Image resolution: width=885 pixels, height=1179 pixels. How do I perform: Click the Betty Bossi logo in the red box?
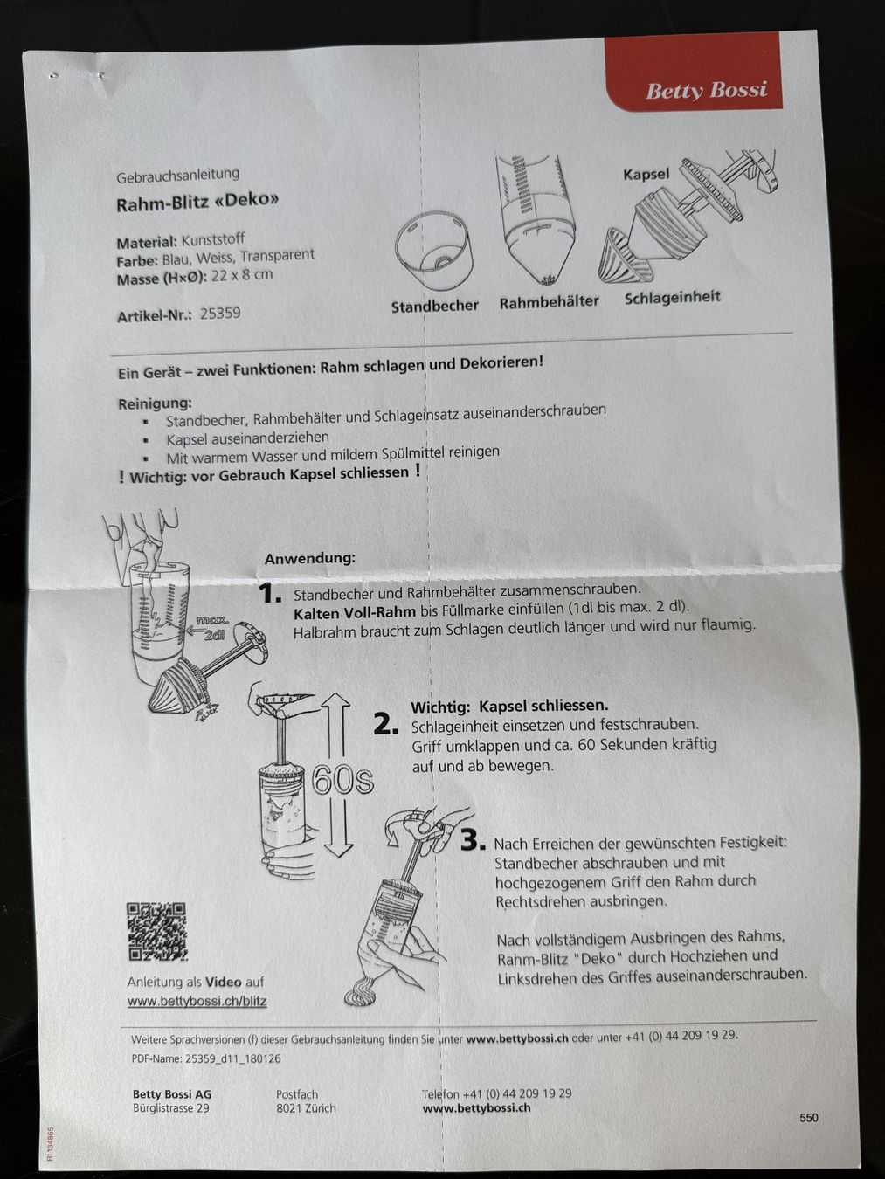(707, 90)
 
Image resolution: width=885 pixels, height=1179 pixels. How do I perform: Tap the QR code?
(157, 932)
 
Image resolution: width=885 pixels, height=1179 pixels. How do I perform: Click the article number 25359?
(220, 314)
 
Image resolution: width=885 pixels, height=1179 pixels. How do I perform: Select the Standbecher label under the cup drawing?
(435, 306)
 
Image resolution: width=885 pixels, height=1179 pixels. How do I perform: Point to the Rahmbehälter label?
(550, 302)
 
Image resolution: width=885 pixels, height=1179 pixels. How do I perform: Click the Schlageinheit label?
(672, 298)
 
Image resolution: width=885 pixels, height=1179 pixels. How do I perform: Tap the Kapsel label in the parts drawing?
(646, 175)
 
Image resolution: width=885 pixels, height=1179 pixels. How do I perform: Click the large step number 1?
(270, 594)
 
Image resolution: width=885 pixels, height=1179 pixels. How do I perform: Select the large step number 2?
(386, 725)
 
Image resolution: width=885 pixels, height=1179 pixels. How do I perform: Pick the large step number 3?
(474, 840)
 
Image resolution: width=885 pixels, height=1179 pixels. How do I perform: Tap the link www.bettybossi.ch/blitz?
(197, 1001)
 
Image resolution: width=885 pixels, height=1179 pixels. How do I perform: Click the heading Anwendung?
(309, 559)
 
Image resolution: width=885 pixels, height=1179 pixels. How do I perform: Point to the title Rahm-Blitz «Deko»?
(197, 202)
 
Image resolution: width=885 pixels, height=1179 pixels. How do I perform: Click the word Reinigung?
(155, 403)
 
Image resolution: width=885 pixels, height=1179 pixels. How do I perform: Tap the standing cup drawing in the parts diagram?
(433, 251)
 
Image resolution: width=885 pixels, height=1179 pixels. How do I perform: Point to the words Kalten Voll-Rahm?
(354, 612)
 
